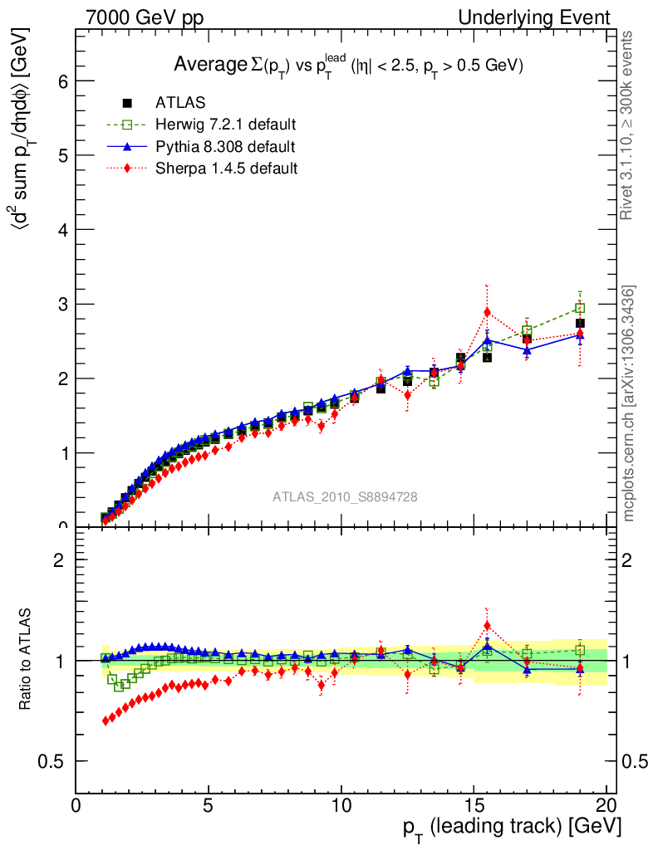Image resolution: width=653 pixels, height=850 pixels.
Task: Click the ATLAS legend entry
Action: tap(180, 103)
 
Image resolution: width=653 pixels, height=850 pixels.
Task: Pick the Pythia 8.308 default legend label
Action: tap(225, 146)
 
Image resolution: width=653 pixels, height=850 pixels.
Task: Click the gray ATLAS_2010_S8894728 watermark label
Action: tap(345, 497)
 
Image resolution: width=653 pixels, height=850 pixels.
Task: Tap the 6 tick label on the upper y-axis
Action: tap(61, 81)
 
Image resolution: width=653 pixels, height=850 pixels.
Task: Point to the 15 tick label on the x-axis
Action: tap(474, 808)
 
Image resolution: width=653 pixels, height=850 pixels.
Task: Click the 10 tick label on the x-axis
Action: tap(341, 808)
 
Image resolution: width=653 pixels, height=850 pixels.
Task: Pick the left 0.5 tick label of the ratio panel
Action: tap(52, 762)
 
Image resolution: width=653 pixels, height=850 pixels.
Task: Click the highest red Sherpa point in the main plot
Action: tap(487, 313)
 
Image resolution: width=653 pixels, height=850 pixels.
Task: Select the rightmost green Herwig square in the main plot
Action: tap(580, 308)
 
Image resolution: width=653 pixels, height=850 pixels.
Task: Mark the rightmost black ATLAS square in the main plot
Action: tap(580, 323)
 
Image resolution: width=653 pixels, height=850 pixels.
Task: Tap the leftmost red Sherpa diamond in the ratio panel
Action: tap(106, 721)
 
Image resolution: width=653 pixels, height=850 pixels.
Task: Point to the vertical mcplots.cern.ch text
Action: tap(629, 403)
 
